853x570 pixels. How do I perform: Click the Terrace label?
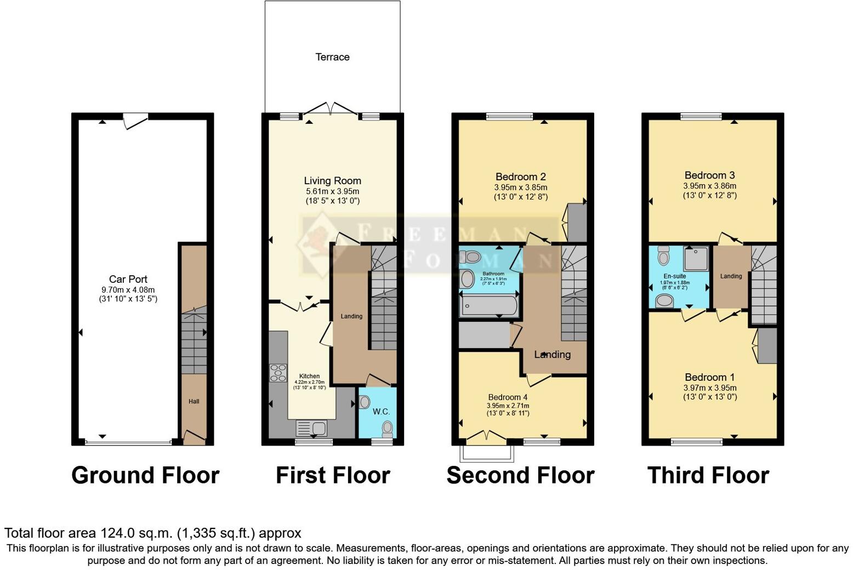point(332,57)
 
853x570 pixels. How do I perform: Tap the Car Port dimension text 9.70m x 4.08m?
point(128,290)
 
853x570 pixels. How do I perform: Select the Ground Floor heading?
point(145,475)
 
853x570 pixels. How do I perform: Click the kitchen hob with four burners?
point(278,373)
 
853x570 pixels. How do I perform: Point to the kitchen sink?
point(311,428)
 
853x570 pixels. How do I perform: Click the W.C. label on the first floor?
point(381,412)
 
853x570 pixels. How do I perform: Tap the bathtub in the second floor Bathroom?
point(488,306)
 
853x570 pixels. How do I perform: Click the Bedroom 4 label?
point(508,397)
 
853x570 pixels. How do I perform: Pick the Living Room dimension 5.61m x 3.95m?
point(332,191)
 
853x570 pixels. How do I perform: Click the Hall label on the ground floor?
point(194,402)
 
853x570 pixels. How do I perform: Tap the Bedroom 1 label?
point(709,378)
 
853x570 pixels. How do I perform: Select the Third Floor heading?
point(708,475)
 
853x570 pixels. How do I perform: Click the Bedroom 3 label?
point(709,175)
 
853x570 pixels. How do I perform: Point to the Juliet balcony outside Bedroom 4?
point(487,453)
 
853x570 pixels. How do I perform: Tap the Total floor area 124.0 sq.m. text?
point(152,533)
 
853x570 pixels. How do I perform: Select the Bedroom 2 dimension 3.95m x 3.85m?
point(520,187)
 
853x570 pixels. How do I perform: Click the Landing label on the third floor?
point(731,276)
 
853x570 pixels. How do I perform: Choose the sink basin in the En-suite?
point(664,300)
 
